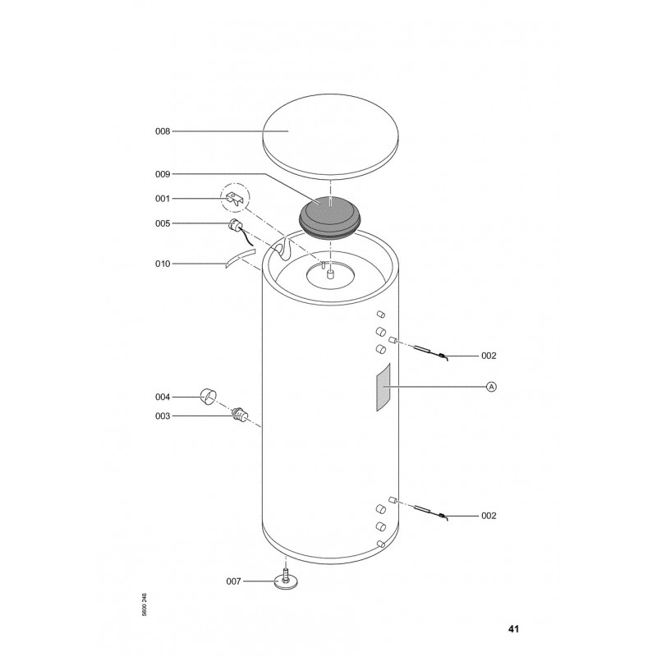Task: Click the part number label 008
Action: (163, 131)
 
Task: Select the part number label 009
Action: (163, 174)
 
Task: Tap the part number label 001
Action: (163, 199)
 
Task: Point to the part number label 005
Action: (163, 223)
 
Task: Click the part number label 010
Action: (163, 264)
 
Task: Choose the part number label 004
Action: (163, 397)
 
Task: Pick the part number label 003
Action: (163, 416)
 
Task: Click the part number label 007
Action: (234, 581)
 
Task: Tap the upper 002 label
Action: (489, 356)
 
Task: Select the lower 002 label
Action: (489, 516)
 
